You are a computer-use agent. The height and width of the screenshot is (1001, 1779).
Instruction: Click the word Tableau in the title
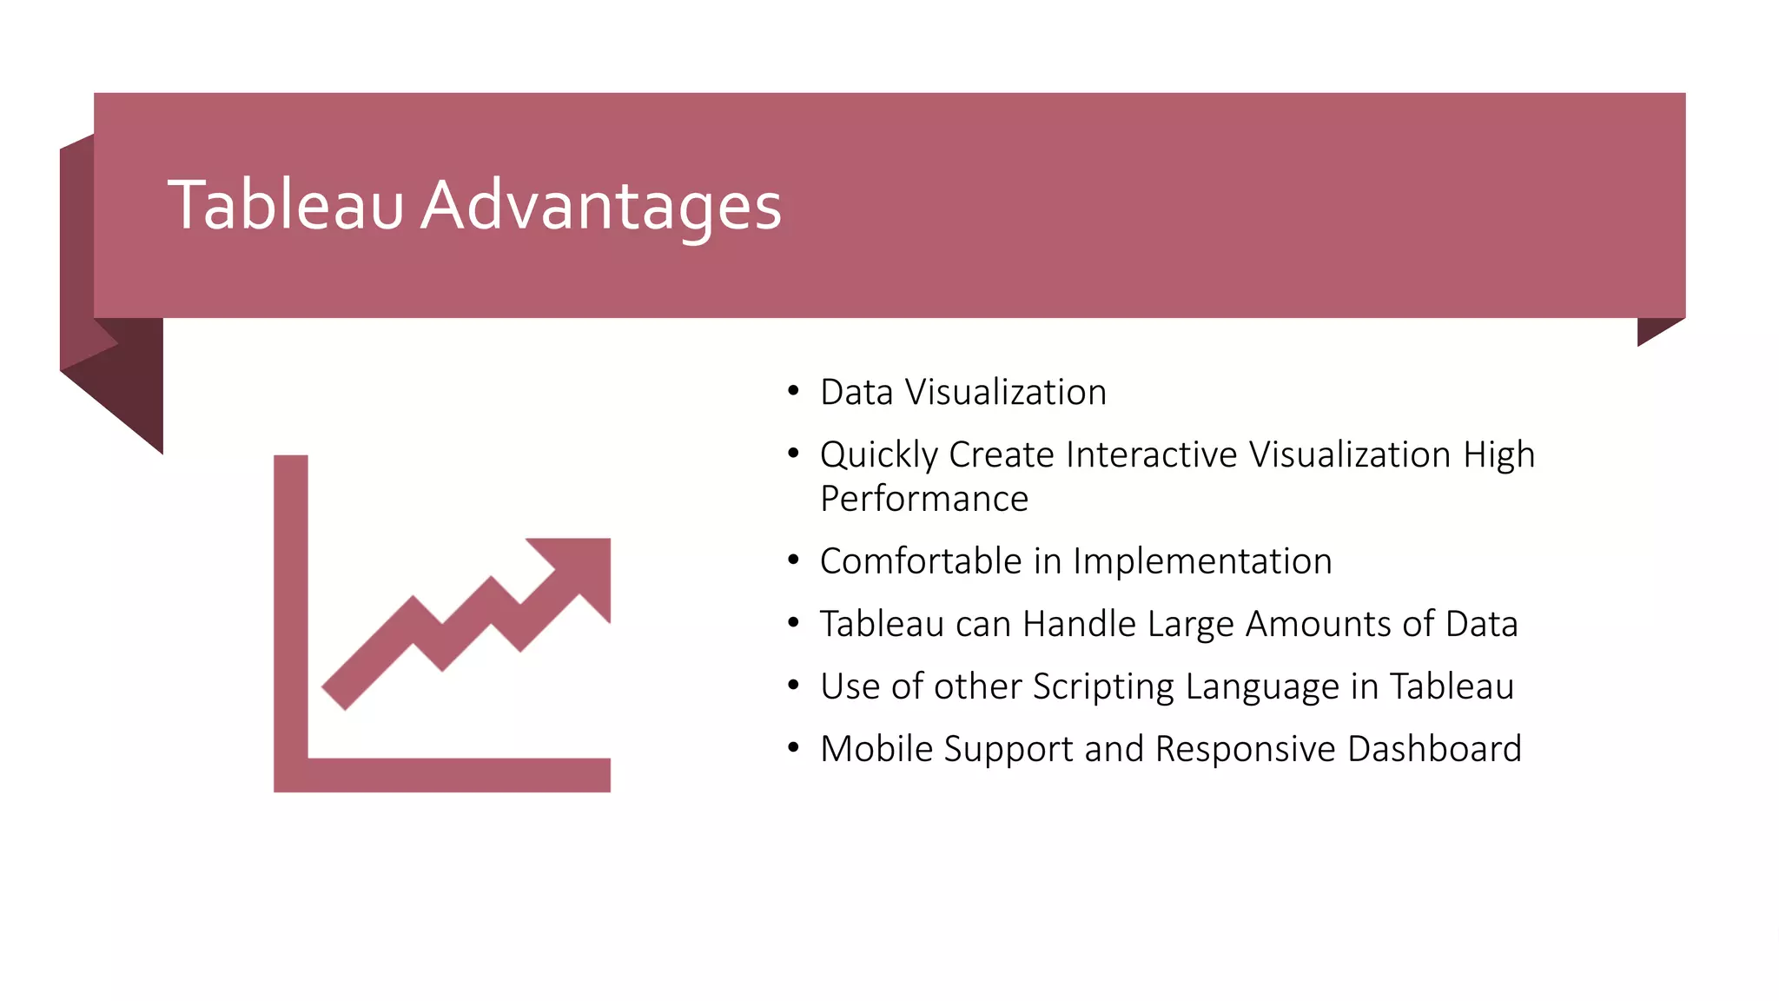point(285,205)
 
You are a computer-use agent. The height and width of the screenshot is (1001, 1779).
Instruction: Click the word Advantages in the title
point(601,207)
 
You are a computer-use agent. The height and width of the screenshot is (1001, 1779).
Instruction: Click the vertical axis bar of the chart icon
point(291,608)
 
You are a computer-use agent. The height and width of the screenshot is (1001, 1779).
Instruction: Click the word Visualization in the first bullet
point(1006,393)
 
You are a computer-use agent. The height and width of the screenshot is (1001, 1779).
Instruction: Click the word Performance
point(923,500)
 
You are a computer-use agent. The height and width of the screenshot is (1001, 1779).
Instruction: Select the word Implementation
point(1202,562)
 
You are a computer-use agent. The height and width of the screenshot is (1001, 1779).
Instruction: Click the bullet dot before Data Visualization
point(793,392)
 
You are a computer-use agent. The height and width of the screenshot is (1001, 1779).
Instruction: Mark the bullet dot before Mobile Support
point(793,748)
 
